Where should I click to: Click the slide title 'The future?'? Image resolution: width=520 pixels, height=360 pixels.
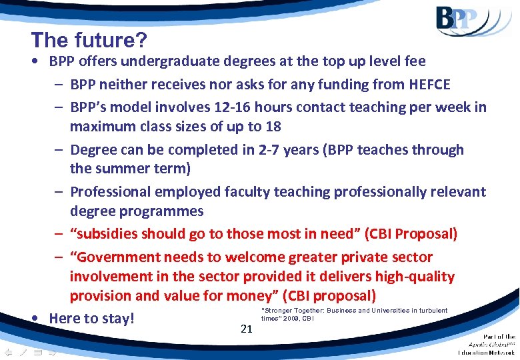pyautogui.click(x=89, y=40)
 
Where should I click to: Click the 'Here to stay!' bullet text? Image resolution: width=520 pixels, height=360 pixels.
pyautogui.click(x=92, y=319)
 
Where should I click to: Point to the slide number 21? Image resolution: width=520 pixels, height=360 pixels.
pyautogui.click(x=247, y=327)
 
